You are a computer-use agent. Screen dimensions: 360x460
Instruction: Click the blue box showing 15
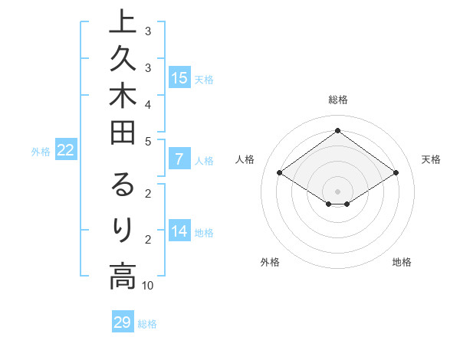tap(179, 77)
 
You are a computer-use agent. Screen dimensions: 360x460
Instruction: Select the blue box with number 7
tap(179, 160)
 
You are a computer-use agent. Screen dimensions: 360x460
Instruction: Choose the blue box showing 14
tap(179, 232)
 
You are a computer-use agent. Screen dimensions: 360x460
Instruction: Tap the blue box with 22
tap(66, 151)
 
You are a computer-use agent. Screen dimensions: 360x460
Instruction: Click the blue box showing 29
tap(123, 322)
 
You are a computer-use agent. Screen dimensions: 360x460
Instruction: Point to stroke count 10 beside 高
tap(148, 286)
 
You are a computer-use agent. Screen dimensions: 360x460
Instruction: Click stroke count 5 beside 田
tap(148, 141)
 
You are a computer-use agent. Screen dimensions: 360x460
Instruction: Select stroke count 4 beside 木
tap(148, 104)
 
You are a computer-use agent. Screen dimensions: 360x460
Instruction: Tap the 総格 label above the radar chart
tap(337, 100)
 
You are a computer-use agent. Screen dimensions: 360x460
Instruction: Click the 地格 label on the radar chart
tap(402, 263)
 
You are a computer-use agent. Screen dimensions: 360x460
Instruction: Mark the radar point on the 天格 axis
tap(396, 173)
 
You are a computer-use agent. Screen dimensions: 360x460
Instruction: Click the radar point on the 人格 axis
tap(279, 173)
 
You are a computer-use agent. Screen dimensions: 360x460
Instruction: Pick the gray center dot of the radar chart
tap(337, 191)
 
